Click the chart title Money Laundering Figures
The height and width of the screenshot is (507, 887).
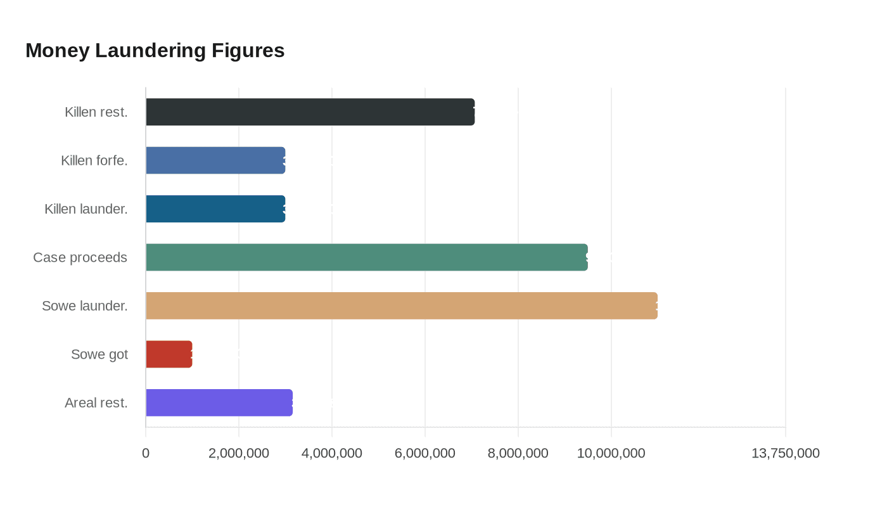click(x=155, y=51)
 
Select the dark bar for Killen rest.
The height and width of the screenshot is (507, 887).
click(x=310, y=112)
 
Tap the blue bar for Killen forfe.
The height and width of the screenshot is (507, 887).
click(x=215, y=160)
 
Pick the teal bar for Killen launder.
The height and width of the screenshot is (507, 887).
click(x=215, y=209)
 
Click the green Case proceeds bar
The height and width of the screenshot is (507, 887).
click(x=367, y=257)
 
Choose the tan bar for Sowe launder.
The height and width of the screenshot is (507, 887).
click(x=402, y=305)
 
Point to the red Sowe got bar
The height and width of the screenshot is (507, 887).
click(x=169, y=354)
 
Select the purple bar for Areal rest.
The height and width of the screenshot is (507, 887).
click(x=219, y=402)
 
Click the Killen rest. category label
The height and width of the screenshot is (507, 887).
click(x=96, y=112)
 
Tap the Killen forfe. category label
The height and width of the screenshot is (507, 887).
click(x=94, y=160)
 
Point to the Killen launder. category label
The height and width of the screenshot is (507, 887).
click(x=86, y=209)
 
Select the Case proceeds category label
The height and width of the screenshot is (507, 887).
click(x=80, y=257)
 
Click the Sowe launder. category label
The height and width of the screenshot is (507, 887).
click(x=85, y=305)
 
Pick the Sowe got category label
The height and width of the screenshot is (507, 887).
click(x=99, y=354)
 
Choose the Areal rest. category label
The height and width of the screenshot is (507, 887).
click(x=96, y=402)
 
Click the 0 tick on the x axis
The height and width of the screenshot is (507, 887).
click(x=146, y=454)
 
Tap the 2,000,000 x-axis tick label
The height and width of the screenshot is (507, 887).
click(x=239, y=454)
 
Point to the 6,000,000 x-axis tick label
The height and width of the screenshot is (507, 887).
click(x=425, y=454)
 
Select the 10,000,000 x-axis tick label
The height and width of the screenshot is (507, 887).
click(x=611, y=454)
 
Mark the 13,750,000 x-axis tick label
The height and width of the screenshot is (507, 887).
click(x=786, y=454)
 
